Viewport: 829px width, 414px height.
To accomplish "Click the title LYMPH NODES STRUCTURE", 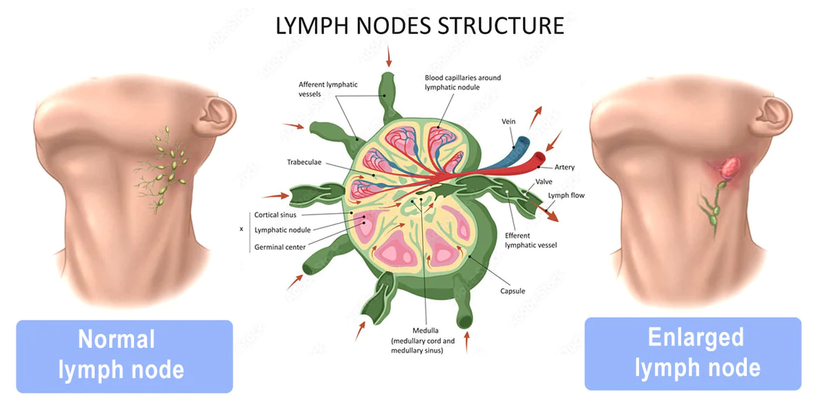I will click(420, 26).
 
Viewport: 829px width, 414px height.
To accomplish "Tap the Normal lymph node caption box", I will click(124, 355).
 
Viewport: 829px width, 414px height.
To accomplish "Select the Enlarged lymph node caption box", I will click(693, 353).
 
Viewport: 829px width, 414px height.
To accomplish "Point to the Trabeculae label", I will click(305, 162).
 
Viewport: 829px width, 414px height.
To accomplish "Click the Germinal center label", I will click(280, 246).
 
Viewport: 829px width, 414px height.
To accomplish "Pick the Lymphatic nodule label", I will click(283, 230).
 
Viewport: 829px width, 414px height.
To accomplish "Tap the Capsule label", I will click(512, 291).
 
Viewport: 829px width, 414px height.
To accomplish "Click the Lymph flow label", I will click(566, 196).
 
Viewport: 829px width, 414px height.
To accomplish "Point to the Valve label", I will click(545, 182).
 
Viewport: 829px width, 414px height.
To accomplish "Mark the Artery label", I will click(564, 167).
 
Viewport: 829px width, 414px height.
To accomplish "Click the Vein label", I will click(509, 121).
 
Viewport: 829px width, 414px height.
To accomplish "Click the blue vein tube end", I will click(522, 141).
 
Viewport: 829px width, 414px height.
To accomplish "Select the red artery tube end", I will click(540, 157).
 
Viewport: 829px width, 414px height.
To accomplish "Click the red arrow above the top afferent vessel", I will click(388, 56).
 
